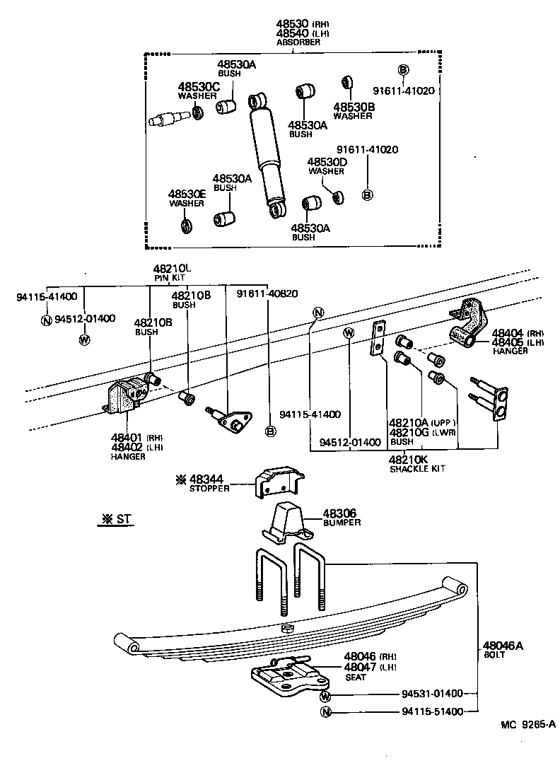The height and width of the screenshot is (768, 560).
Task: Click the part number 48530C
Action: pyautogui.click(x=199, y=86)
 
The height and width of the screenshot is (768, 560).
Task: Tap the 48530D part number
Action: pyautogui.click(x=326, y=162)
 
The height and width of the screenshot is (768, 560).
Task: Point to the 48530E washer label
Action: pyautogui.click(x=187, y=194)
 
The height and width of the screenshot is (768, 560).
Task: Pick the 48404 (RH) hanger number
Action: pyautogui.click(x=506, y=332)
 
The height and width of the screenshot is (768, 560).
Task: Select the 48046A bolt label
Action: pyautogui.click(x=503, y=645)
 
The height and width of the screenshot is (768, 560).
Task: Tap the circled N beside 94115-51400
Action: pyautogui.click(x=325, y=712)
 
